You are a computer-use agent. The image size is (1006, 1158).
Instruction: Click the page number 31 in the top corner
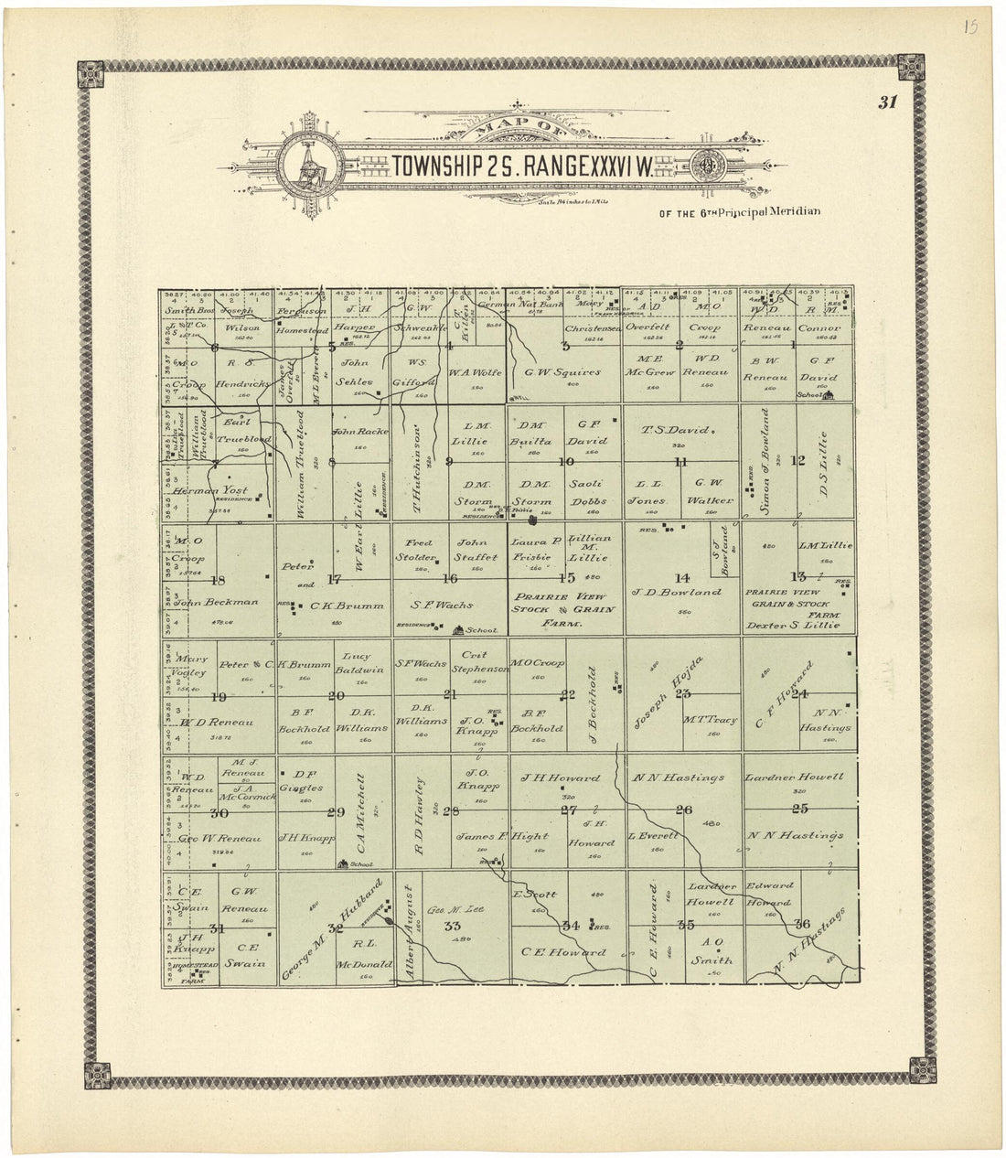[x=887, y=102]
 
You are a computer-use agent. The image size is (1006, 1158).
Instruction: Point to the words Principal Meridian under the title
[x=768, y=212]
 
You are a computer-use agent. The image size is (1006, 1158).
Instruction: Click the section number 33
[x=450, y=927]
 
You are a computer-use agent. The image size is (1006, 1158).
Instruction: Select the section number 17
[x=333, y=578]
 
